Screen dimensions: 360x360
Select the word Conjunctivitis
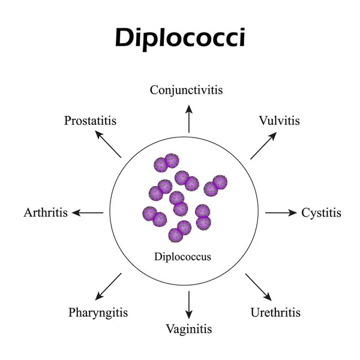(187, 91)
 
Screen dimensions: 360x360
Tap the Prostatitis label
(90, 121)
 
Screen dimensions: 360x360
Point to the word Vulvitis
(280, 121)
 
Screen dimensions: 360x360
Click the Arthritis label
(46, 212)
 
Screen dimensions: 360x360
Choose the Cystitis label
(321, 212)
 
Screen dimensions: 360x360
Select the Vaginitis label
(189, 329)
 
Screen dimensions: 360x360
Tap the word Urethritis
(275, 313)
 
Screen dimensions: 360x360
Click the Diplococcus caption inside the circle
(182, 257)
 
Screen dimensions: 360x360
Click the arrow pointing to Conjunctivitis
(189, 118)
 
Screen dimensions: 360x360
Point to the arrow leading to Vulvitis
(263, 145)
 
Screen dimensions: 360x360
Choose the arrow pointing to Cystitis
(281, 212)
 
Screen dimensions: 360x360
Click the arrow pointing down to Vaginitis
(189, 305)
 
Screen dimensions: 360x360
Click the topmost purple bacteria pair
(166, 162)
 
